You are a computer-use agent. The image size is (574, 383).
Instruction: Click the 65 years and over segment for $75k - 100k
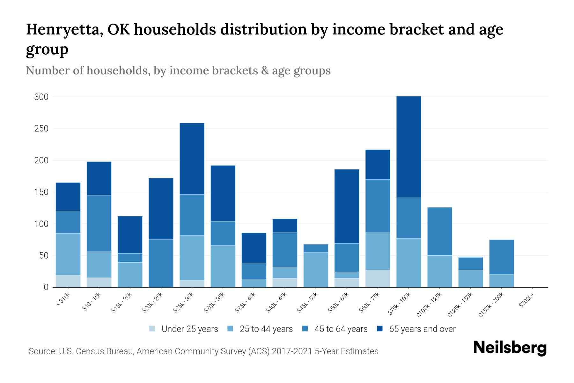408,147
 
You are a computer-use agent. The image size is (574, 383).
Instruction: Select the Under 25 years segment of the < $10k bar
68,281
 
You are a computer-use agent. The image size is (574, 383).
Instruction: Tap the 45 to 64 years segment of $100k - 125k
439,231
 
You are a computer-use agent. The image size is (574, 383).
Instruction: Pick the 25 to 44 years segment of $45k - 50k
316,270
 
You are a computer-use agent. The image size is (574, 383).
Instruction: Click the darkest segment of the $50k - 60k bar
347,206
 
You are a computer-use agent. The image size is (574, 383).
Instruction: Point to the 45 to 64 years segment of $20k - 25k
161,263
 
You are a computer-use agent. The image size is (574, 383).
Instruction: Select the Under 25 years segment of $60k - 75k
378,279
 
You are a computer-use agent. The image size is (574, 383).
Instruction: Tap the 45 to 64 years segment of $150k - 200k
501,257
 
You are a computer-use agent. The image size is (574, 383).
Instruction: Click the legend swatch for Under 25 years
152,329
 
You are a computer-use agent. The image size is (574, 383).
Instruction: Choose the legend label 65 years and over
422,329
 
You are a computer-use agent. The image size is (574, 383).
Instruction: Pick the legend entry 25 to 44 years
266,329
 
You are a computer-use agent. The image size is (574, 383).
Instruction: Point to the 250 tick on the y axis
41,129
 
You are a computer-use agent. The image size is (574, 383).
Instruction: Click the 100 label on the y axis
41,224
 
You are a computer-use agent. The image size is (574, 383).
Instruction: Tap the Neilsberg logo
510,348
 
